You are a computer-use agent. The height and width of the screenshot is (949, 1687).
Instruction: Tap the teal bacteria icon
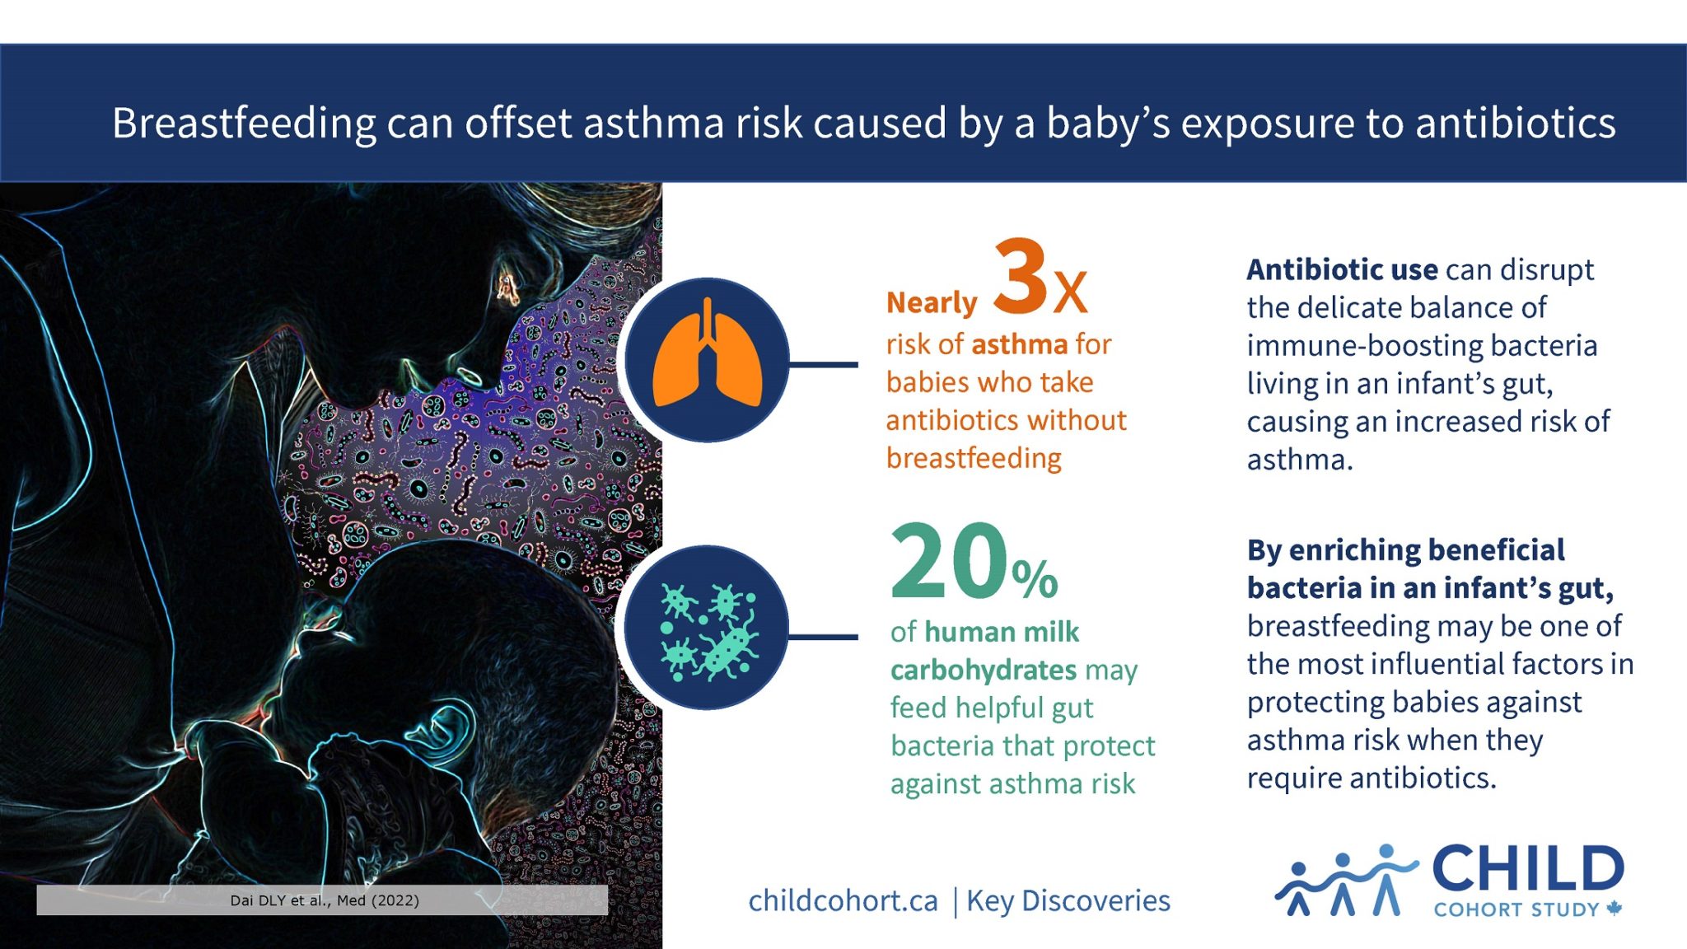(x=708, y=630)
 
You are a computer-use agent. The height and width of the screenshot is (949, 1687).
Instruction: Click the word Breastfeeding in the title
(x=244, y=124)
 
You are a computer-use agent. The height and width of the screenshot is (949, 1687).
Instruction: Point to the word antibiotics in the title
(x=1515, y=124)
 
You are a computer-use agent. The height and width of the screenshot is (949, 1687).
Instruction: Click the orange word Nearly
(x=931, y=303)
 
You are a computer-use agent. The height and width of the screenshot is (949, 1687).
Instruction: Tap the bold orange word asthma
(x=1019, y=344)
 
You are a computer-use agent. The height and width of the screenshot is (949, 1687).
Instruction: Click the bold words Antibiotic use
(x=1342, y=269)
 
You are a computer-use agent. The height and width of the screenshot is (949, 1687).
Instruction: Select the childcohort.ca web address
(x=843, y=901)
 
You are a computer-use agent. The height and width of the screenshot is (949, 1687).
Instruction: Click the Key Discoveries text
(x=1068, y=901)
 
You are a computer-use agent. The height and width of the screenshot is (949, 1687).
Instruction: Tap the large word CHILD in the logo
(x=1528, y=869)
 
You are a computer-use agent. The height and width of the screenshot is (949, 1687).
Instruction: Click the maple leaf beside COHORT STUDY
(x=1614, y=909)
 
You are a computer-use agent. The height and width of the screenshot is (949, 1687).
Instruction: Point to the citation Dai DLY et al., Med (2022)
(x=325, y=900)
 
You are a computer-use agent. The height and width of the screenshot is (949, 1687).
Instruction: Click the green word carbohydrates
(x=984, y=671)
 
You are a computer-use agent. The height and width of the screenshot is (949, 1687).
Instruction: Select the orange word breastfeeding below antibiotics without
(x=974, y=459)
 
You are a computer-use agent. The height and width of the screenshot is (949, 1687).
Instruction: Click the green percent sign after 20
(x=1035, y=578)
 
